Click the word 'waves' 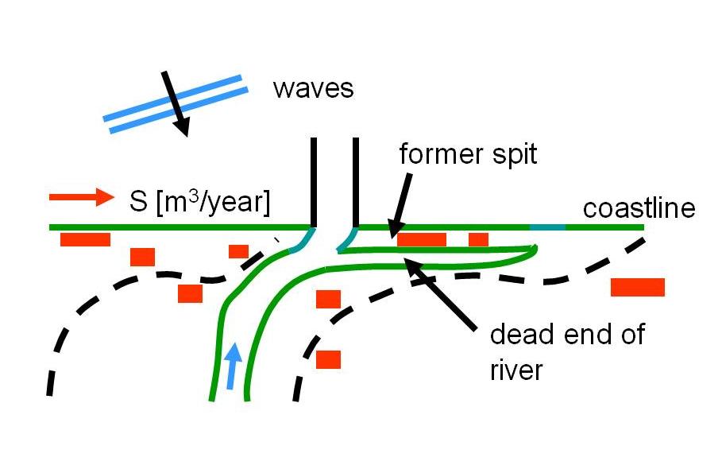[x=313, y=88]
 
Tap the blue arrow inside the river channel [x=233, y=366]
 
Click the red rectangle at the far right [x=637, y=287]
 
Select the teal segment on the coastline [x=547, y=227]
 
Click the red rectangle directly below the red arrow [x=85, y=239]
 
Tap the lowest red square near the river [x=328, y=359]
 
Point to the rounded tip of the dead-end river [x=534, y=251]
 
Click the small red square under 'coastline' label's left [x=478, y=239]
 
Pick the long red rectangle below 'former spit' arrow [x=422, y=239]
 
